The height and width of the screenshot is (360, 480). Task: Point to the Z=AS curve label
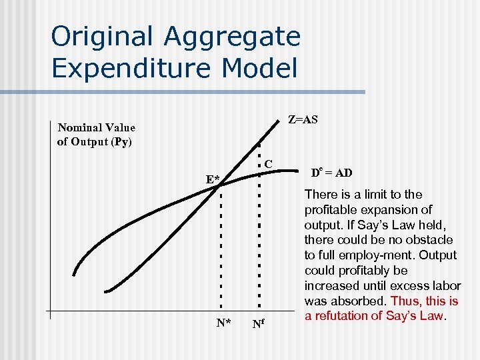pyautogui.click(x=302, y=120)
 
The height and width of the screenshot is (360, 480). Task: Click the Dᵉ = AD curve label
pyautogui.click(x=332, y=173)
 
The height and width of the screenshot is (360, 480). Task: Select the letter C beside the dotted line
pyautogui.click(x=267, y=163)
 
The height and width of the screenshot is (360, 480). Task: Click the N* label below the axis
pyautogui.click(x=224, y=324)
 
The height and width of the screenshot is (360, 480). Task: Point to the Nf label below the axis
pyautogui.click(x=259, y=325)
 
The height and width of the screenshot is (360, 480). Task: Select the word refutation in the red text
pyautogui.click(x=342, y=316)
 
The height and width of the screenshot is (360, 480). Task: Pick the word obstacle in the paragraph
pyautogui.click(x=431, y=240)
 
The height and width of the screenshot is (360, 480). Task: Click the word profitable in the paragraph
pyautogui.click(x=327, y=210)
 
